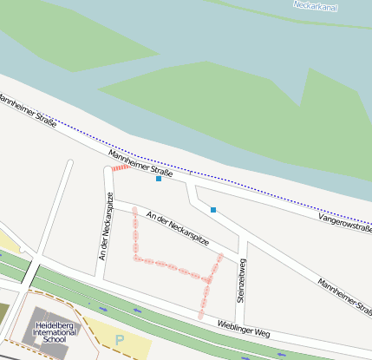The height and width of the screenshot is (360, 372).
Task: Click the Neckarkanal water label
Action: tap(315, 6)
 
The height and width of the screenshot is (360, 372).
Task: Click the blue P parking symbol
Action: tap(120, 339)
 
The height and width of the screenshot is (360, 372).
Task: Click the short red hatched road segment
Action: tap(121, 166)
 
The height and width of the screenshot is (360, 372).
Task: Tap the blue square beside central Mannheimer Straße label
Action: tap(158, 179)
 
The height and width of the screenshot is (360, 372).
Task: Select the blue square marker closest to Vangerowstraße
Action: tap(212, 210)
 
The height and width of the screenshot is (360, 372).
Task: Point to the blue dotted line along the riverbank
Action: tap(260, 191)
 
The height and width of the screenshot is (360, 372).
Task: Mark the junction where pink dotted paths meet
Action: tap(208, 279)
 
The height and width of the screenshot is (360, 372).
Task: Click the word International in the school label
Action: tap(55, 332)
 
